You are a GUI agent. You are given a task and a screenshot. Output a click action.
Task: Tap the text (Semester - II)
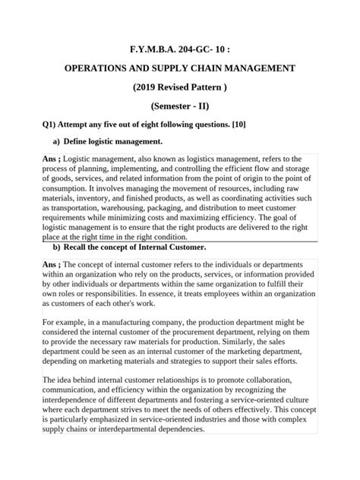click(180, 107)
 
